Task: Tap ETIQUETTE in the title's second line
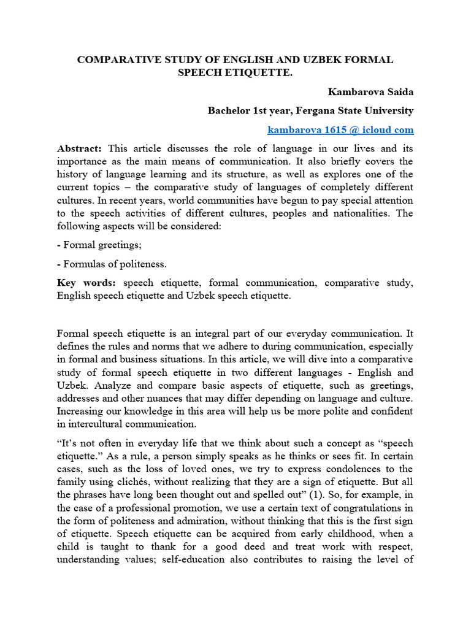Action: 265,74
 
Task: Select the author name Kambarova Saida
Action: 370,92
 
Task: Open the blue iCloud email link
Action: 340,130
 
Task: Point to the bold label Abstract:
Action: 82,148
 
